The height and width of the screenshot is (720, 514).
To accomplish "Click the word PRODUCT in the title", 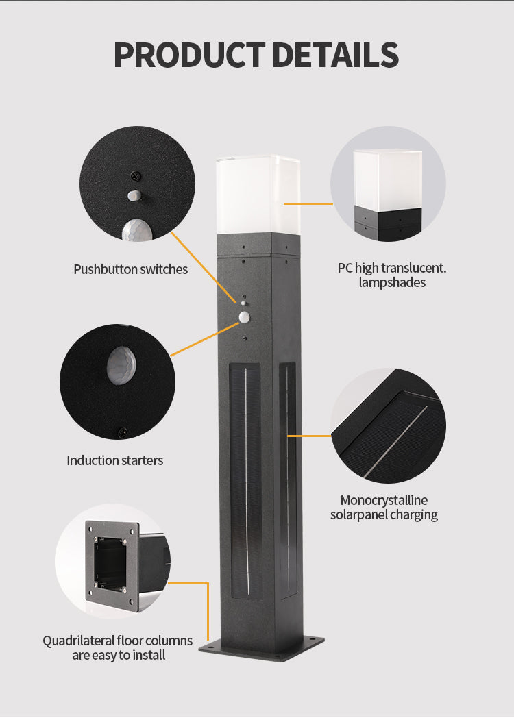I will coord(188,55).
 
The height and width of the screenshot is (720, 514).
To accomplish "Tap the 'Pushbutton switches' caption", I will coord(130,269).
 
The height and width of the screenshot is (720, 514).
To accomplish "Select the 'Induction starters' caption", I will coord(114,460).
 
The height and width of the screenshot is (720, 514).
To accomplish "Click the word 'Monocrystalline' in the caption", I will coord(384,500).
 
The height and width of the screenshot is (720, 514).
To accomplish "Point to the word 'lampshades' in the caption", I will coord(391,282).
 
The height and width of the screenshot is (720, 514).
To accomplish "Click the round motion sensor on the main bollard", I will coord(245,316).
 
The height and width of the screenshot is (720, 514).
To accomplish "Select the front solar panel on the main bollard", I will coord(245,480).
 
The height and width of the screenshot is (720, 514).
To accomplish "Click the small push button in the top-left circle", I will coord(134,195).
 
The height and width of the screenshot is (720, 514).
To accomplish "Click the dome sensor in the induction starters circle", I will coord(122,364).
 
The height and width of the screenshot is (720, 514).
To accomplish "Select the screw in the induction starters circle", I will coord(123,432).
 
